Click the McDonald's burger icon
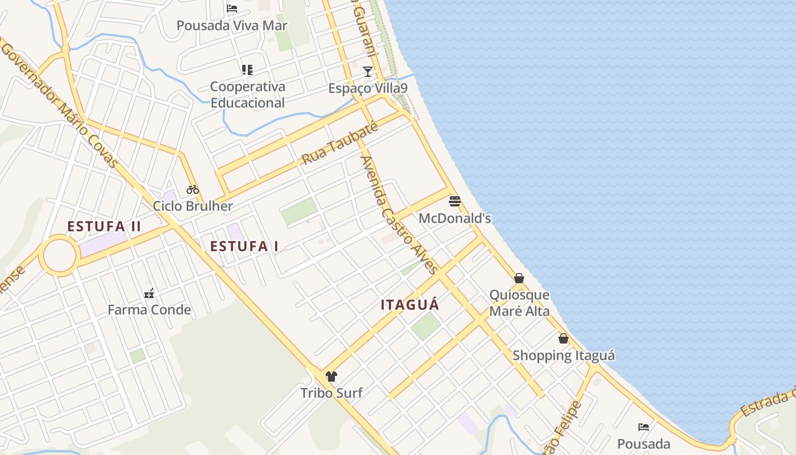pyautogui.click(x=454, y=201)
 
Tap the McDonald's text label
pyautogui.click(x=454, y=218)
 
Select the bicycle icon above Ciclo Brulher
pyautogui.click(x=193, y=189)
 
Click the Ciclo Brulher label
pyautogui.click(x=193, y=206)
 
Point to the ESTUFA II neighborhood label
pyautogui.click(x=104, y=226)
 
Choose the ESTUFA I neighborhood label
pyautogui.click(x=244, y=246)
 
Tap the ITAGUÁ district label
pyautogui.click(x=410, y=305)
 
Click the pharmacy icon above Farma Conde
pyautogui.click(x=149, y=293)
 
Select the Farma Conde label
pyautogui.click(x=149, y=310)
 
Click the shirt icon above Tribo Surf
pyautogui.click(x=331, y=376)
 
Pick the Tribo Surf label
pyautogui.click(x=331, y=392)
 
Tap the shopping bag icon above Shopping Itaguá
pyautogui.click(x=563, y=338)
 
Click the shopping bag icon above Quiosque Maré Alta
pyautogui.click(x=519, y=278)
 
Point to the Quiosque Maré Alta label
pyautogui.click(x=520, y=303)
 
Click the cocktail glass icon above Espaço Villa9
pyautogui.click(x=368, y=72)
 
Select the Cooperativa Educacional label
pyautogui.click(x=247, y=94)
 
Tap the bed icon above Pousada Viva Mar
pyautogui.click(x=232, y=9)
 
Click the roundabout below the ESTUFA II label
pyautogui.click(x=59, y=257)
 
